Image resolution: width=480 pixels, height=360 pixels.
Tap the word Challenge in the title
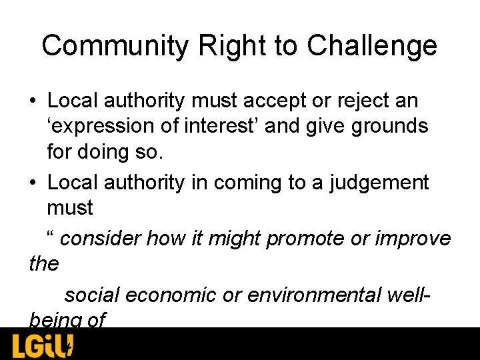(371, 46)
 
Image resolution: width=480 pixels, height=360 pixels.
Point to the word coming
(248, 182)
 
